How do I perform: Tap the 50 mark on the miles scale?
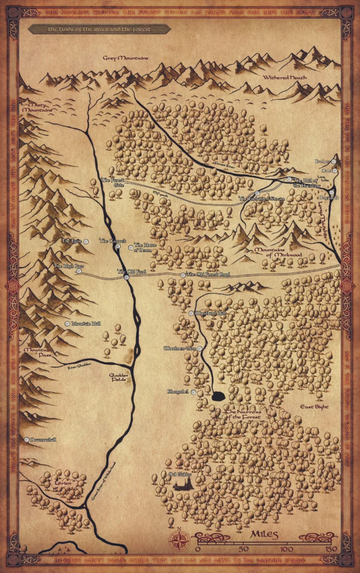coord(243,549)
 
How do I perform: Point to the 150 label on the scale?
coord(331,549)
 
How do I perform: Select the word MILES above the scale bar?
coord(265,535)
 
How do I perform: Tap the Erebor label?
coord(323,161)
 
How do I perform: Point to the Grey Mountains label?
coord(126,58)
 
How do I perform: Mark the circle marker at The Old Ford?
coord(127,278)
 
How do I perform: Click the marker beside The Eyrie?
coord(86,241)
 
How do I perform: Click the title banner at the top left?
coord(99,29)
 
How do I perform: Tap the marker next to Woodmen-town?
coord(200,349)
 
